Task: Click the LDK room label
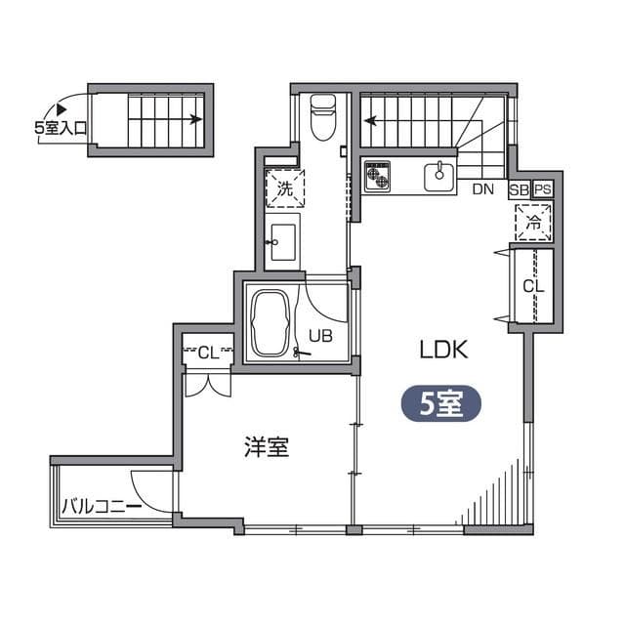(x=445, y=349)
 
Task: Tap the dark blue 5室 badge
(x=440, y=404)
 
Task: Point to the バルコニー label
(x=101, y=506)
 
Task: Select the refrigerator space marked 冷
(x=534, y=222)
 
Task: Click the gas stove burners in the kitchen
(x=378, y=176)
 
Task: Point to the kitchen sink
(x=438, y=177)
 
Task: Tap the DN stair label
(x=482, y=189)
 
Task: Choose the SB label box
(x=519, y=189)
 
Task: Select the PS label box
(x=542, y=189)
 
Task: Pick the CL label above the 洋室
(x=208, y=352)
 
